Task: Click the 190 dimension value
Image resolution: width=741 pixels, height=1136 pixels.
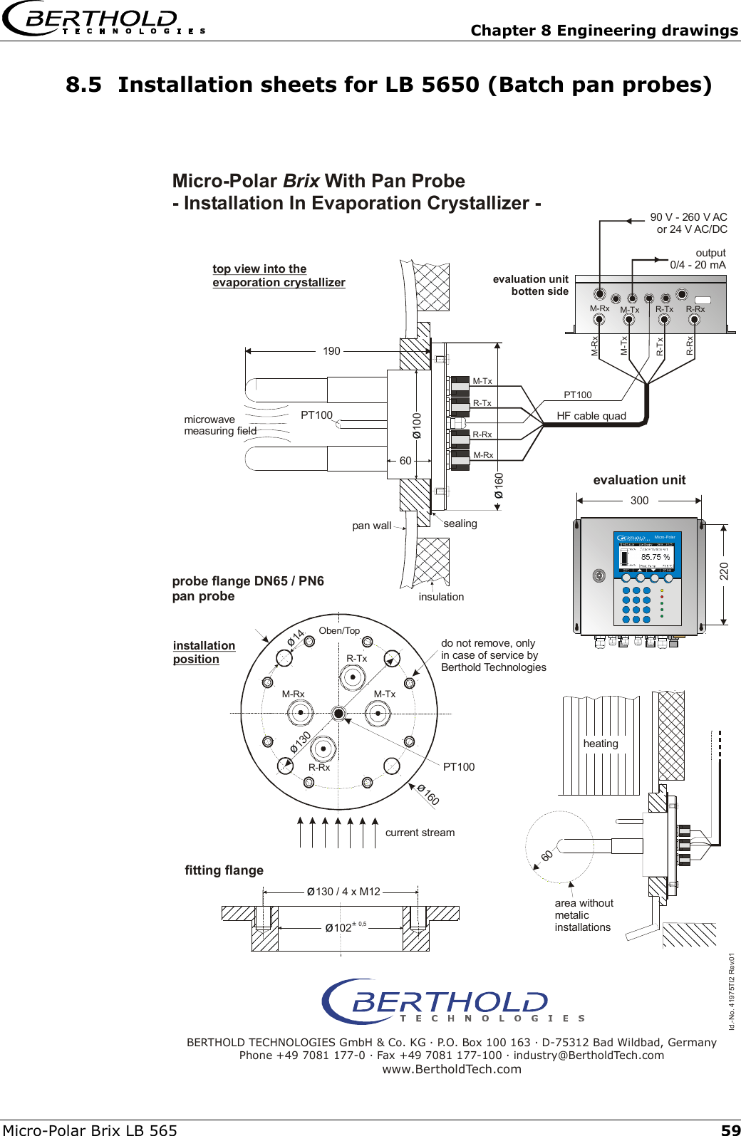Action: [331, 351]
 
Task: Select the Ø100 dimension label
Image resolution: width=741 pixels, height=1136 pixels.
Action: [417, 425]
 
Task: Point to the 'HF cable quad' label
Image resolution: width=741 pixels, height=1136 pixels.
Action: [591, 416]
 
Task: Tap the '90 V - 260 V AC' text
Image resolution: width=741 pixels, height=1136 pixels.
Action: [688, 217]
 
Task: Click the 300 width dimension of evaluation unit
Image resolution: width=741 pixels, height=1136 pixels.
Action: [639, 501]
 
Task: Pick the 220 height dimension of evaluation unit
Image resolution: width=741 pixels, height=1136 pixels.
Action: [724, 570]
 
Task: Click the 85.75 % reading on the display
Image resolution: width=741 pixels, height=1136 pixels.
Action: [655, 557]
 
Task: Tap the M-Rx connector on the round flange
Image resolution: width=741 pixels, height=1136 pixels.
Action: [300, 712]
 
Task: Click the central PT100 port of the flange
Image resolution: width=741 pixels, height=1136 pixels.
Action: [339, 713]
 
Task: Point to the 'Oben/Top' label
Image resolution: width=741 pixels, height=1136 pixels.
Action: [339, 631]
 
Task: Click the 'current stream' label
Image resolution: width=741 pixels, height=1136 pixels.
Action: [420, 833]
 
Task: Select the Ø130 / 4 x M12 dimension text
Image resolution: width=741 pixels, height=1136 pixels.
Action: [343, 892]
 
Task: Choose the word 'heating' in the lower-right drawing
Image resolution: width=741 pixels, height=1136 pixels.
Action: [601, 744]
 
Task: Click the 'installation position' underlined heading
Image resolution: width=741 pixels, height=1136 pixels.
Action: [204, 652]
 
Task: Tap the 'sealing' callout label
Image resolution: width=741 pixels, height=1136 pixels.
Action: [460, 523]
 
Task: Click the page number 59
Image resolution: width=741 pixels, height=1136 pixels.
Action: [730, 1130]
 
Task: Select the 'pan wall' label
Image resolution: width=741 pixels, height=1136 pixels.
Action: [371, 526]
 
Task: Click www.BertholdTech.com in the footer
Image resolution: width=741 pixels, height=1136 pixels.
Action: [452, 1069]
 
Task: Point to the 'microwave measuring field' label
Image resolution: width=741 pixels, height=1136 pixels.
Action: [219, 425]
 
